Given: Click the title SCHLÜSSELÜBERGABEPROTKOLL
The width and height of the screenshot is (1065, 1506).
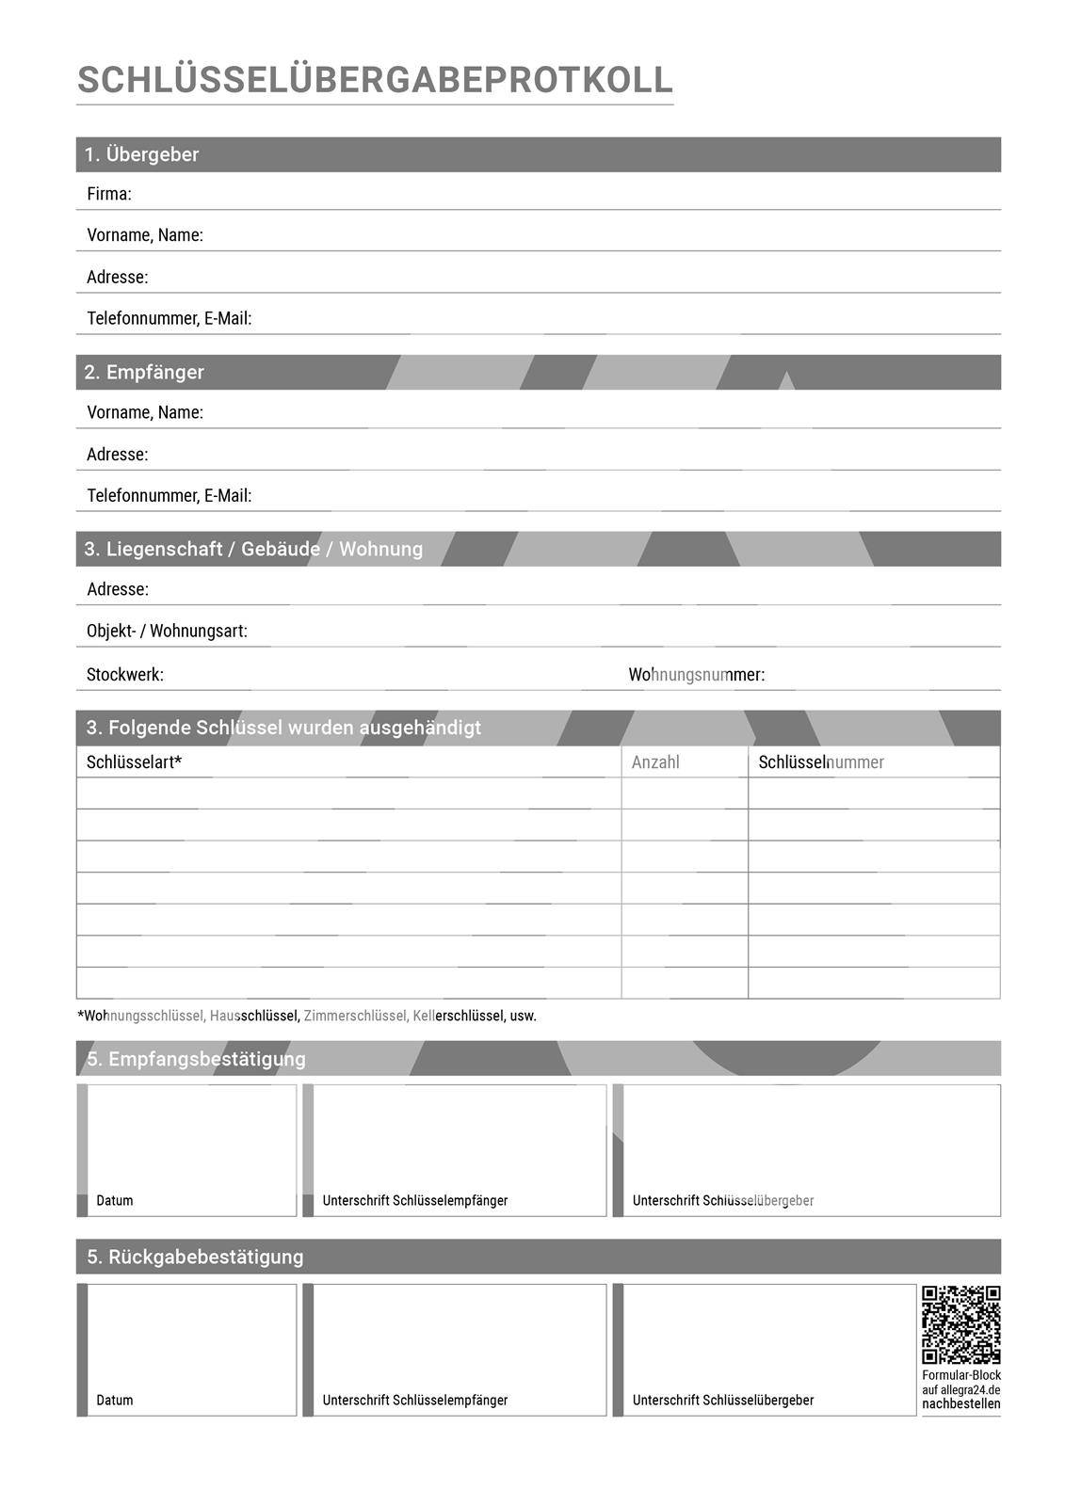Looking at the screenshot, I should point(375,80).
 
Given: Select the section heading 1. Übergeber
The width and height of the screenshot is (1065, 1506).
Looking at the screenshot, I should point(141,154).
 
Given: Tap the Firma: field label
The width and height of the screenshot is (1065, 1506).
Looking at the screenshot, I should point(108,194).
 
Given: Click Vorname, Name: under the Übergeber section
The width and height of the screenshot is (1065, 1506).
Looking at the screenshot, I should point(144,235).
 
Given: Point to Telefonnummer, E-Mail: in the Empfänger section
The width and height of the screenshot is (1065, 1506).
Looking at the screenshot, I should point(169,495).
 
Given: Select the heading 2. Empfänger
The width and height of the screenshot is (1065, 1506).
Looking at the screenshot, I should point(143,372).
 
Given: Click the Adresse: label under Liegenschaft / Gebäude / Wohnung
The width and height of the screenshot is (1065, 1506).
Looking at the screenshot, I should point(117,589).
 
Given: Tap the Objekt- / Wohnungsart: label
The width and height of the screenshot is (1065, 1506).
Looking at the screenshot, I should point(167,631).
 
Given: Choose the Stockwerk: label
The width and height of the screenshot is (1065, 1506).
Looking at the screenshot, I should point(124,675).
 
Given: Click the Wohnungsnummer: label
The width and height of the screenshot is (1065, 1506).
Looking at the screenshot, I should point(696,675).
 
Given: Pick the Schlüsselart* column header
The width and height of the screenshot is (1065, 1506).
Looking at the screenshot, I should point(134,762).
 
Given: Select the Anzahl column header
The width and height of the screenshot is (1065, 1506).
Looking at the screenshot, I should point(655,762).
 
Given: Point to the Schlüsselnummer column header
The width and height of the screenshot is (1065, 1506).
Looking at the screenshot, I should point(821,762).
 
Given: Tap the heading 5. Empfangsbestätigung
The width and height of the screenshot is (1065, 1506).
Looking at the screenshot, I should point(196,1059).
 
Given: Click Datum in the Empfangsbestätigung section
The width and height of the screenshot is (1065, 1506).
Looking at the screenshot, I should point(115,1201).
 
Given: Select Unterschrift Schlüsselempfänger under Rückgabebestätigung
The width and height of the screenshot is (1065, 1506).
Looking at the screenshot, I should point(414,1401).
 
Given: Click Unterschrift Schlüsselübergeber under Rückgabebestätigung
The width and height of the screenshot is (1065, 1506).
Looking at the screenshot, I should point(722,1401).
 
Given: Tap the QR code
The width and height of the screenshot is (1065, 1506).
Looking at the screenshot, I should point(960,1324).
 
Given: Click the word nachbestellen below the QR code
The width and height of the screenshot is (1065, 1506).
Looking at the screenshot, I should point(960,1404).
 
